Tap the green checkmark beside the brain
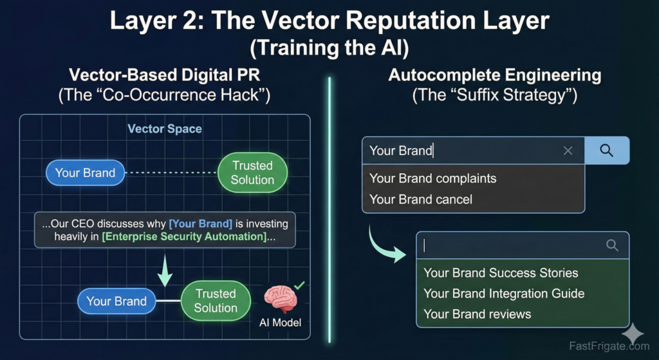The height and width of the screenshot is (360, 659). (299, 285)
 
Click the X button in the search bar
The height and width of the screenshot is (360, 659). (568, 151)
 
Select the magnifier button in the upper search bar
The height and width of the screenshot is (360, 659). (607, 151)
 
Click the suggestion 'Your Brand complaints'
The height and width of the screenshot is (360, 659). (433, 178)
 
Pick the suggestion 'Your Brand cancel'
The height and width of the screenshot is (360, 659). (421, 200)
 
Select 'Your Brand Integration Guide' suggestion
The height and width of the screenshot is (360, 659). (504, 294)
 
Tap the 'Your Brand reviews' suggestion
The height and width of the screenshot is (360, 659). (478, 314)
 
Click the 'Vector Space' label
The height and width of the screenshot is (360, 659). (165, 129)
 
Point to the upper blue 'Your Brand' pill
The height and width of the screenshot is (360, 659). (85, 173)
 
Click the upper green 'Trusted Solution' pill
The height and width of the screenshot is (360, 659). (252, 173)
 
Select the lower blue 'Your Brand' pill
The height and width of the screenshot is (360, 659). (116, 301)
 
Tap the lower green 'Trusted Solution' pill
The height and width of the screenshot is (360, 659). (216, 301)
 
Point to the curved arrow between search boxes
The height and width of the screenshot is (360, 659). (385, 243)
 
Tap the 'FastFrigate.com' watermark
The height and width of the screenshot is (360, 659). (609, 346)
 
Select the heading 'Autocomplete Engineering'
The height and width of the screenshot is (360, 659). (494, 75)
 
